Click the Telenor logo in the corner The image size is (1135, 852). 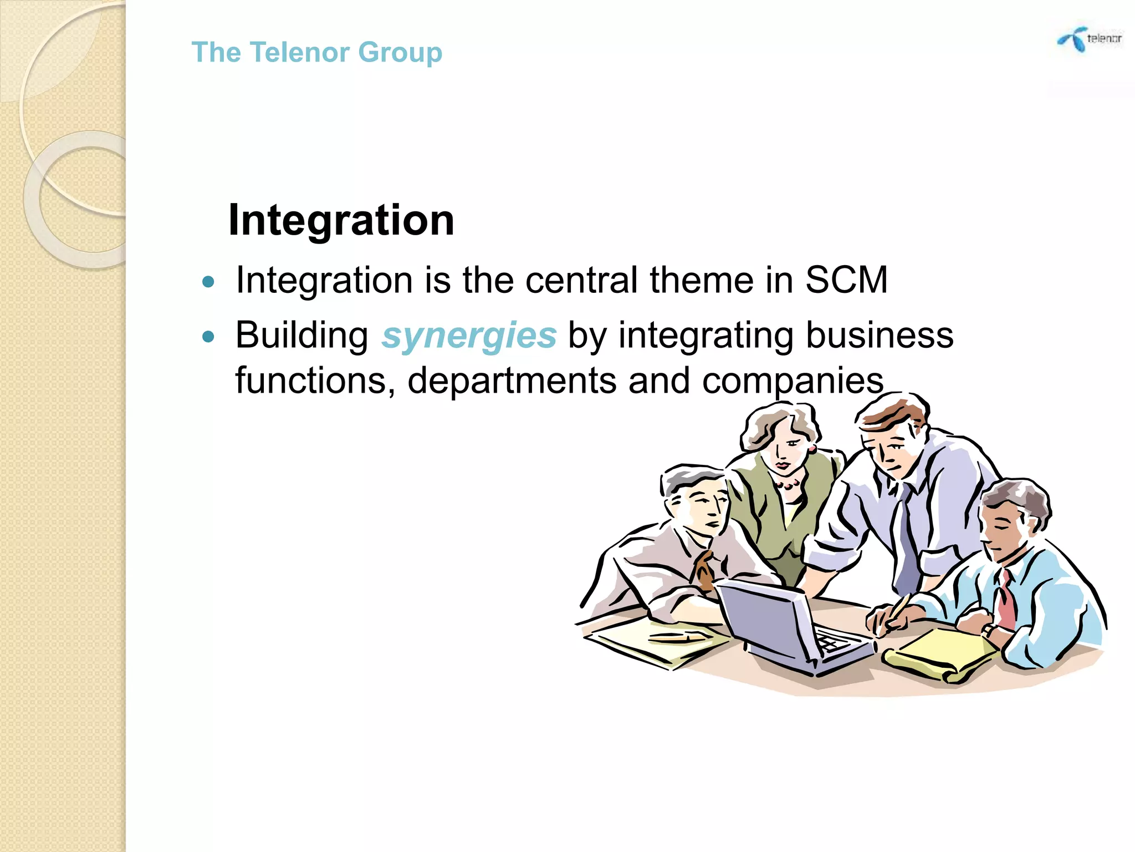pyautogui.click(x=1088, y=39)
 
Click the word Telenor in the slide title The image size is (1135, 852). pyautogui.click(x=299, y=53)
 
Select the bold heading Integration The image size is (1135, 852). pyautogui.click(x=341, y=220)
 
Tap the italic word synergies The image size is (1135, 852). pyautogui.click(x=469, y=336)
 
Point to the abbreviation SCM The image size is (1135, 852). pyautogui.click(x=846, y=280)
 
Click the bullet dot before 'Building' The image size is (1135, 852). pyautogui.click(x=208, y=336)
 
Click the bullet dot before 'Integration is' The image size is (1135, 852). pyautogui.click(x=208, y=282)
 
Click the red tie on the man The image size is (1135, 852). pyautogui.click(x=1006, y=599)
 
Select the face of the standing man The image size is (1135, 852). pyautogui.click(x=892, y=449)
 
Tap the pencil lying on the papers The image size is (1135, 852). pyautogui.click(x=676, y=638)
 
